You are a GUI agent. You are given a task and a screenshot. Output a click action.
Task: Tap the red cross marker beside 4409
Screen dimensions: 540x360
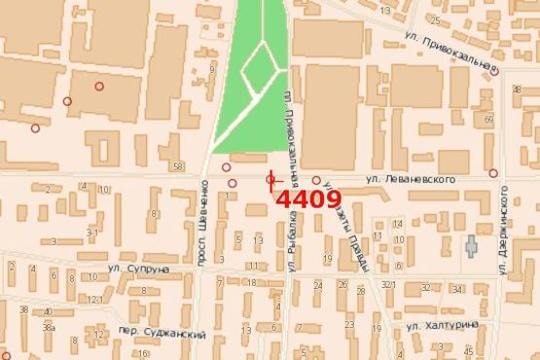271,179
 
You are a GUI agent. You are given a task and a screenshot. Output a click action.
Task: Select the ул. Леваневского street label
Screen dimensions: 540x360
411,179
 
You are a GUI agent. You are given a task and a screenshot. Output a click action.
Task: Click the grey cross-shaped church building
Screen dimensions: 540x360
472,244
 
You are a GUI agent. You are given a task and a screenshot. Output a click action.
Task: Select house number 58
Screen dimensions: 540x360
177,167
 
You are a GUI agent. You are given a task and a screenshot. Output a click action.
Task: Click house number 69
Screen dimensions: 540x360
488,118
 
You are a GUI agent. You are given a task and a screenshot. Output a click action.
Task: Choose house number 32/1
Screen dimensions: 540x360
388,284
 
